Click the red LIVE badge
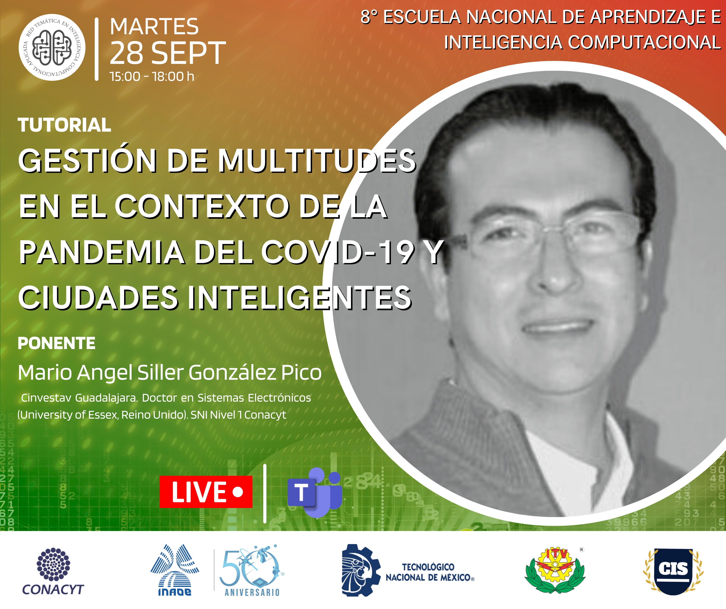coord(206,492)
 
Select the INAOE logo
coord(175,570)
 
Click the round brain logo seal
coord(52,47)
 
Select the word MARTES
coord(154,26)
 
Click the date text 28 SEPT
coord(168,53)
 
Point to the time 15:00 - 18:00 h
coord(152,77)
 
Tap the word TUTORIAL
coord(64,125)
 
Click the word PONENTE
coord(56,343)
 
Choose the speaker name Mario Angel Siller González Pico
coord(170,373)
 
